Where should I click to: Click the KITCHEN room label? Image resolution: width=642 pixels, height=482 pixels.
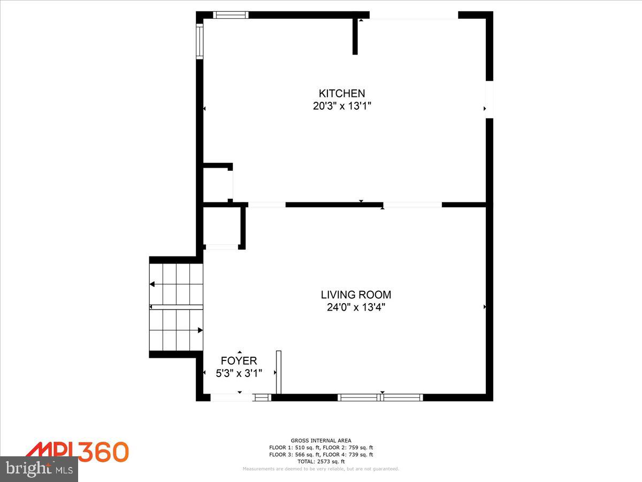342,93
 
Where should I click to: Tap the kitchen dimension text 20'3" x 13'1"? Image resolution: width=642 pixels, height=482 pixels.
342,106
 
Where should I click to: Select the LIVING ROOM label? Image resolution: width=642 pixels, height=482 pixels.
356,295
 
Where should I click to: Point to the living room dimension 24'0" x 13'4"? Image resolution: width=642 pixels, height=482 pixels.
356,307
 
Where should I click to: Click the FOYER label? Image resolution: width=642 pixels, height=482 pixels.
239,361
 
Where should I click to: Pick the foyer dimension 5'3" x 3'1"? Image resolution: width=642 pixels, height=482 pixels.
239,373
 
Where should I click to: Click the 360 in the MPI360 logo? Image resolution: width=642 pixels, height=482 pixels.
103,452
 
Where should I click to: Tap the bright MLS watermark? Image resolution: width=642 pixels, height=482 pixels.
39,469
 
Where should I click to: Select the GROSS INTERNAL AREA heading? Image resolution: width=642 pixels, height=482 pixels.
321,441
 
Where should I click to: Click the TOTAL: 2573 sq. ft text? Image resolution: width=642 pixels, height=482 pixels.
321,461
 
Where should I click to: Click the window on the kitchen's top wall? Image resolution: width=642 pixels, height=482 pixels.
231,15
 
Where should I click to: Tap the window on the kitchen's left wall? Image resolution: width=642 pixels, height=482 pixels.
200,41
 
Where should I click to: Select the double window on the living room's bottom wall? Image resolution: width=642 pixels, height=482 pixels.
380,397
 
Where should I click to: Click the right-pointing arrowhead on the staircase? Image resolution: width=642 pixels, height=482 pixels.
200,330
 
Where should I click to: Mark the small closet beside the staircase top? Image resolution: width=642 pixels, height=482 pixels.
222,227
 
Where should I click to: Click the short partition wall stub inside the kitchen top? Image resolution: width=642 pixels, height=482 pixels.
355,36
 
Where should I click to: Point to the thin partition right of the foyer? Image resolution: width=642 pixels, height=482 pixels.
278,373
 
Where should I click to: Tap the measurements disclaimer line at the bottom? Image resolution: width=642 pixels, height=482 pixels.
321,469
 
